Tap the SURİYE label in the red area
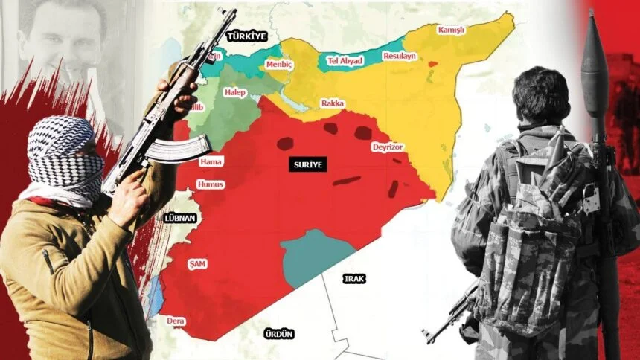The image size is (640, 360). (306, 165)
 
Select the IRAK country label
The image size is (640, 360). (353, 279)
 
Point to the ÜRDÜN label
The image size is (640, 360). (279, 334)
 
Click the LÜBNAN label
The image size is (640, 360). (178, 218)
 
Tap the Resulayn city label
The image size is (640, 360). (400, 57)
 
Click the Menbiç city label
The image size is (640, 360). (281, 65)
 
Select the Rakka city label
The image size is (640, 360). (332, 103)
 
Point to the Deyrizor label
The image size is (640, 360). (388, 147)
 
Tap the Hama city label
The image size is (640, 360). (211, 161)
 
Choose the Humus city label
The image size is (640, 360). (211, 184)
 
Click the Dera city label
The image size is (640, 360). (176, 321)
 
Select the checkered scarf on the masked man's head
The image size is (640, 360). (63, 152)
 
